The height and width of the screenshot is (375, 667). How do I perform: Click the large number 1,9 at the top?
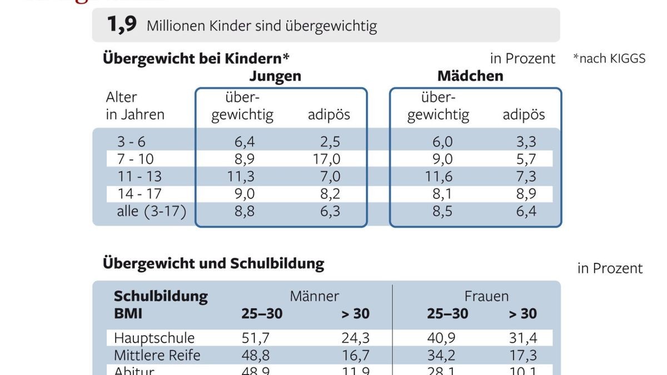click(122, 25)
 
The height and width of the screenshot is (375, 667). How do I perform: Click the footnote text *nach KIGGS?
click(609, 58)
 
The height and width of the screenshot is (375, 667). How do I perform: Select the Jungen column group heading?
click(275, 76)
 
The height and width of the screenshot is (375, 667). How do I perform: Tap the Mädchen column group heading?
click(470, 76)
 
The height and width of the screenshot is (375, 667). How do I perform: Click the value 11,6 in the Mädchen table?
click(439, 177)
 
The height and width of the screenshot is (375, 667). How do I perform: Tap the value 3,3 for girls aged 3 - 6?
click(526, 142)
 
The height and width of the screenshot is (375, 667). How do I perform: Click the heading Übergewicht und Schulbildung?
click(213, 263)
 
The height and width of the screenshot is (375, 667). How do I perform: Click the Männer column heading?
click(314, 296)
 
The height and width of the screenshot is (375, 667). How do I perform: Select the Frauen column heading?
click(486, 296)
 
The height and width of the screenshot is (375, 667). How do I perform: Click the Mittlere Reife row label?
click(157, 355)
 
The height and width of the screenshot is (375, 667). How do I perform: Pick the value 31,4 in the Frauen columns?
click(522, 338)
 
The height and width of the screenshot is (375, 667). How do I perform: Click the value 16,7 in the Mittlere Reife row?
click(356, 355)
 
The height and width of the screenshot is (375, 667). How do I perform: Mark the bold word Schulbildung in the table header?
click(161, 296)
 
